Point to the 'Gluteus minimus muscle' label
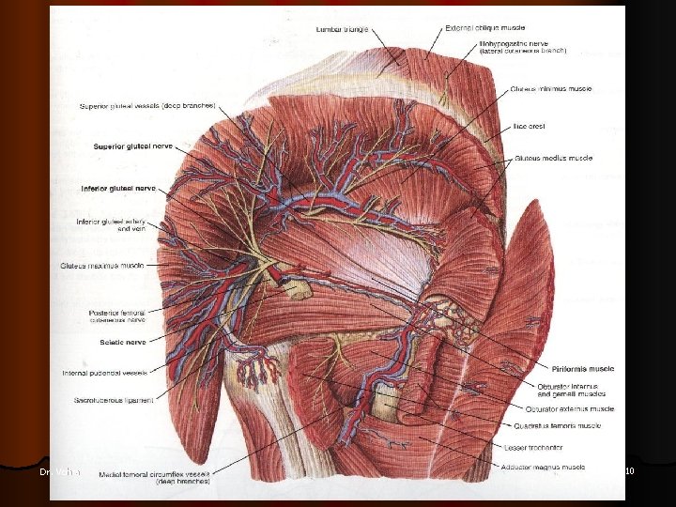click(x=552, y=89)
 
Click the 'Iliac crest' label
click(x=530, y=126)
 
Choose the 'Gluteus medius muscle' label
click(x=554, y=159)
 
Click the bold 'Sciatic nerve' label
click(x=121, y=343)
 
